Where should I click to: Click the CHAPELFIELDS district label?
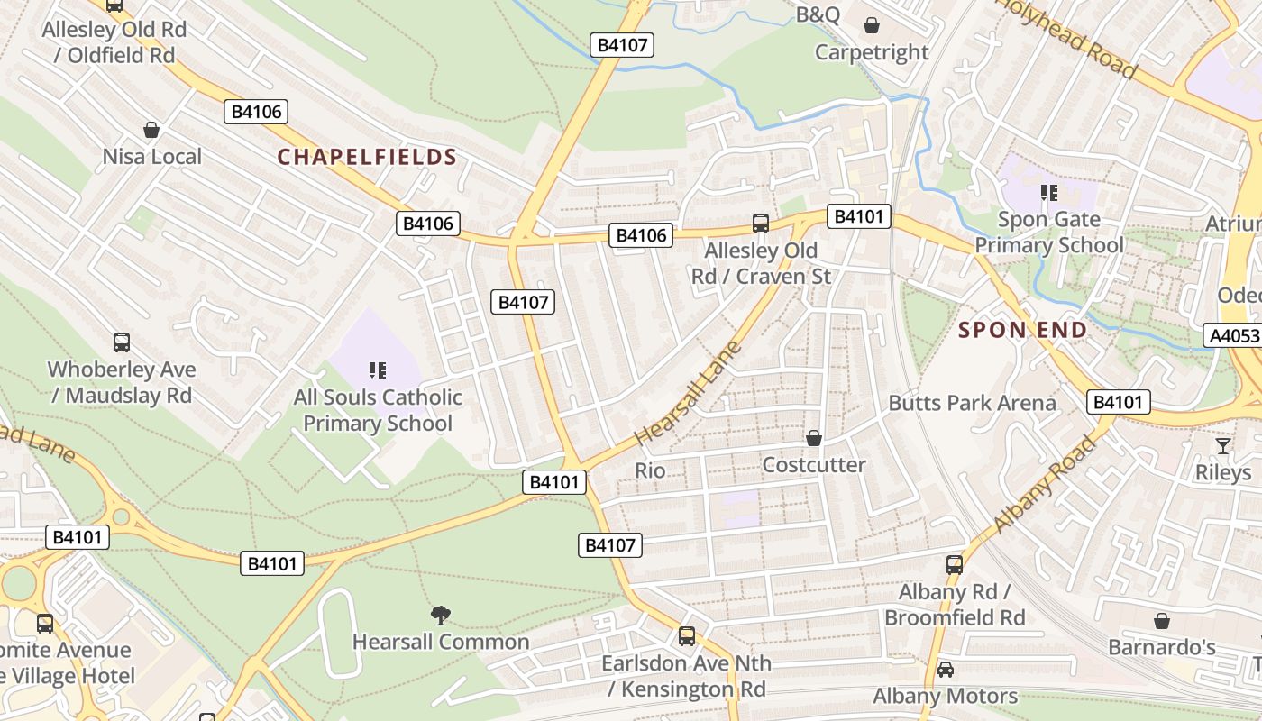367,157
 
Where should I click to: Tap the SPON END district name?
1022,330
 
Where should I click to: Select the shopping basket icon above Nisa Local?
151,130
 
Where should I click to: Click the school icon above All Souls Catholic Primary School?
378,370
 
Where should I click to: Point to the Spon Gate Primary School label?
1049,233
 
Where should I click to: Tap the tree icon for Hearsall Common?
440,616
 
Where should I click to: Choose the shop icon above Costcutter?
814,438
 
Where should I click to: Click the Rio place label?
650,470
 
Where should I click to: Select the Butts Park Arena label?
972,403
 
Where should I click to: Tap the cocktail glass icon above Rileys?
1223,445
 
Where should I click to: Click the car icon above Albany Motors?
945,669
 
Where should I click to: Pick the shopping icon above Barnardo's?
1162,621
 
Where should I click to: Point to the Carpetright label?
871,52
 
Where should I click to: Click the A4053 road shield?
1233,336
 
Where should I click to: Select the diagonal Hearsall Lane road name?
687,393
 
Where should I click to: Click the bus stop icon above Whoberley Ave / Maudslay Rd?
122,342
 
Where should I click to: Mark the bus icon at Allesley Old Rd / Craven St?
761,223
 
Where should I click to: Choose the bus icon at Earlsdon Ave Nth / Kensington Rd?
687,636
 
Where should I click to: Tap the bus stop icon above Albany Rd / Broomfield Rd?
955,565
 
